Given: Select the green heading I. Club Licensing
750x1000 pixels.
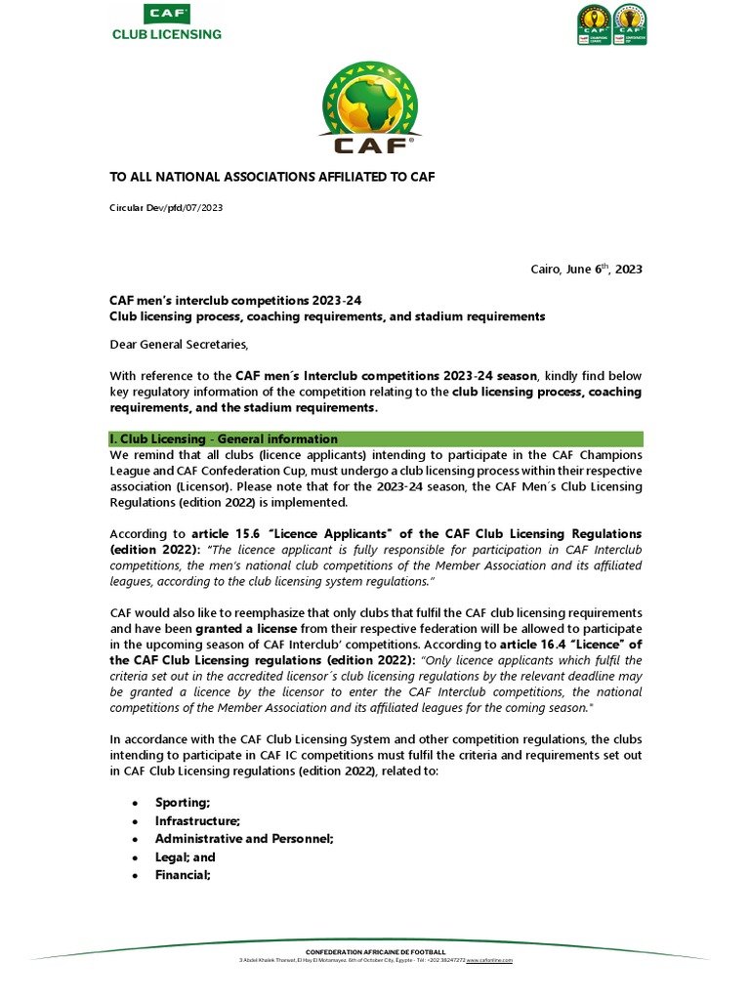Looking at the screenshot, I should coord(222,439).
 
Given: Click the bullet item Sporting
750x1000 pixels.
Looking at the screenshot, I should coord(183,802).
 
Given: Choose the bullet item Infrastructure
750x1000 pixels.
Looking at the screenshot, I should coord(197,820).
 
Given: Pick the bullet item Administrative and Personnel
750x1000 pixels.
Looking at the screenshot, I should coord(244,839).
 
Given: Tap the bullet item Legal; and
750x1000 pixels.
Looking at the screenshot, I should coord(185,857).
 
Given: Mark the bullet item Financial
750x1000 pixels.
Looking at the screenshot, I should coord(183,876).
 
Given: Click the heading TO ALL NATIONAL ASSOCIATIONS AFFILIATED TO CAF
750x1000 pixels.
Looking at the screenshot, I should coord(271,176).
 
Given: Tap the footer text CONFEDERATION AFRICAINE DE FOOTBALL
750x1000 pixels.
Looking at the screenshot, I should coord(375,951).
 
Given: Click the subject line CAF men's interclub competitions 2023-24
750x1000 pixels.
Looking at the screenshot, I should coord(240,301).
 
